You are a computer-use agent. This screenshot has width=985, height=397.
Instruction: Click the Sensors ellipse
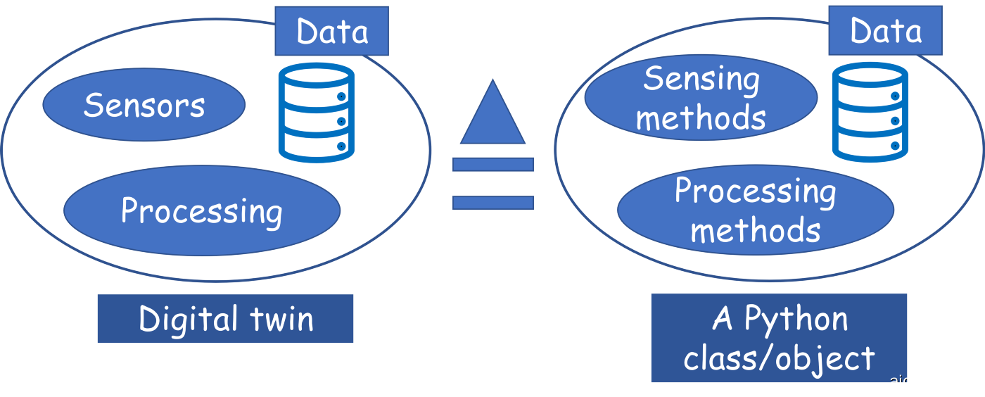[144, 105]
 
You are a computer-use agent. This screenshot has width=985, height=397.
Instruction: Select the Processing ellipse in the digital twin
[202, 210]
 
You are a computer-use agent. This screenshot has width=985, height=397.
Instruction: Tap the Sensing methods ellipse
[701, 99]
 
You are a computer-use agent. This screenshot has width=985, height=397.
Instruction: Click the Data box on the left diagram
[331, 31]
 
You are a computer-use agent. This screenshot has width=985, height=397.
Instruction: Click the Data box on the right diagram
[885, 30]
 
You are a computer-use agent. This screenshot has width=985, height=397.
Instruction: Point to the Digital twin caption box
[225, 319]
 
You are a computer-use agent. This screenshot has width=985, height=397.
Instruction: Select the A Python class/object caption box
[779, 339]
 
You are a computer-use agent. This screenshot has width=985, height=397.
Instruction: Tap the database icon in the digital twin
[316, 113]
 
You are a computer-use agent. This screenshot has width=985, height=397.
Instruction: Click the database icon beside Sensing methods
[870, 113]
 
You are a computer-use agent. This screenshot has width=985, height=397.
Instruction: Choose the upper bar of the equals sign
[493, 164]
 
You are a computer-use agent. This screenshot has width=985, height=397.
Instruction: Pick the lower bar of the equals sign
[493, 203]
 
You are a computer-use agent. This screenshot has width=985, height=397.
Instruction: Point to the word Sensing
[701, 80]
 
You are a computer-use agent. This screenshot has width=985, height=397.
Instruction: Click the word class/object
[779, 358]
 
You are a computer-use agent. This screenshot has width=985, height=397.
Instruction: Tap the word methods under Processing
[756, 230]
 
